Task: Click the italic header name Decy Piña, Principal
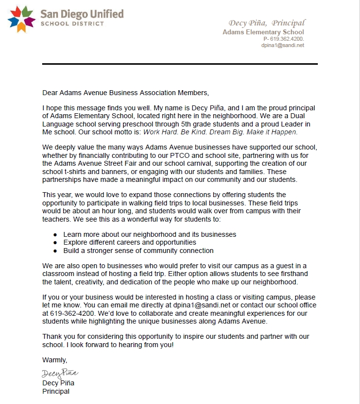click(x=267, y=23)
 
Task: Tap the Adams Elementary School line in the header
click(x=263, y=32)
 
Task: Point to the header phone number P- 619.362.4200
click(x=283, y=39)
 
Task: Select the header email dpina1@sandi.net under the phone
click(x=283, y=45)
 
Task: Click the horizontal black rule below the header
click(x=180, y=64)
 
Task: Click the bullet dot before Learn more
click(x=55, y=235)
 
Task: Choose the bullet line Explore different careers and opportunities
click(x=129, y=243)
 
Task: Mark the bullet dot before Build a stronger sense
click(x=55, y=251)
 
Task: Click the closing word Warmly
click(x=54, y=360)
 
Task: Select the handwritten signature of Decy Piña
click(x=60, y=374)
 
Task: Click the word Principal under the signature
click(x=56, y=391)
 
